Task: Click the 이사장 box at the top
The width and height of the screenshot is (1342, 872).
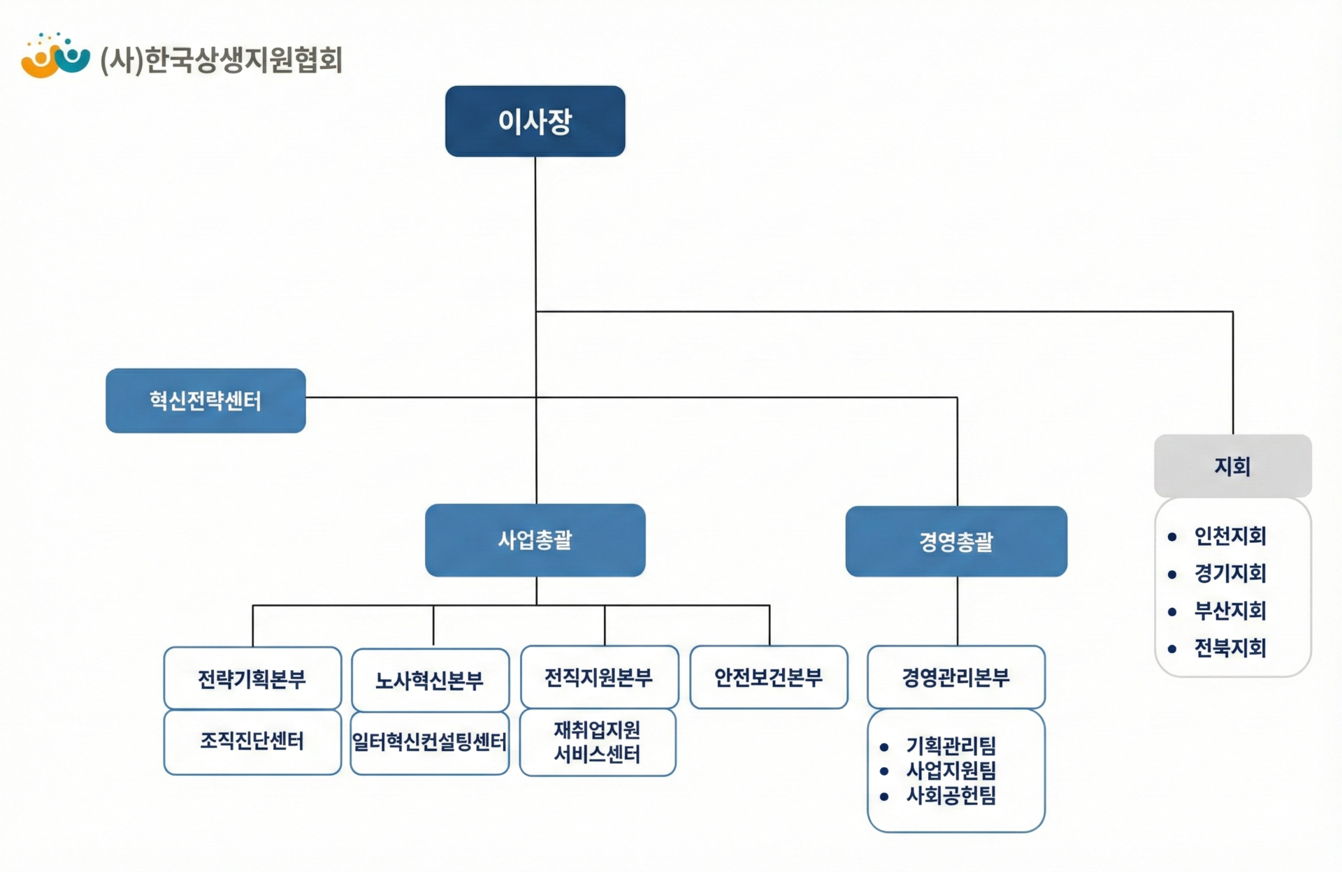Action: coord(535,121)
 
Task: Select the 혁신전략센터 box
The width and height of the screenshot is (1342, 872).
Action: coord(205,400)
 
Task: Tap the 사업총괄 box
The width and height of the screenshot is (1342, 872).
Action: coord(535,540)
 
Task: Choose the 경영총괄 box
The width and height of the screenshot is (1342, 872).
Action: coord(955,542)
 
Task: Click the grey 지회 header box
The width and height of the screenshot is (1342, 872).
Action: coord(1232,466)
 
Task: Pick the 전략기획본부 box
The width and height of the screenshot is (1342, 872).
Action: coord(252,678)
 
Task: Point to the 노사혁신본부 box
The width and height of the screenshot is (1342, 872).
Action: coord(430,680)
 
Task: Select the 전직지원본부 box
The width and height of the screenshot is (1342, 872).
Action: coord(599,677)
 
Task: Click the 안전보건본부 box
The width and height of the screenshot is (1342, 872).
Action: coord(768,677)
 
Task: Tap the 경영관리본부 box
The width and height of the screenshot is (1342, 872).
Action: coord(955,677)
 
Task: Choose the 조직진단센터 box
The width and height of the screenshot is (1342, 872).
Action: coord(252,741)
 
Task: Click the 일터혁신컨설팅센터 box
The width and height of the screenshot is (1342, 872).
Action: coord(429,742)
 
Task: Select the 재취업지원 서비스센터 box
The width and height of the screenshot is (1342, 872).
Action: coord(598,742)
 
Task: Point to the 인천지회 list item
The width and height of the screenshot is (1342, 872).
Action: coord(1229,536)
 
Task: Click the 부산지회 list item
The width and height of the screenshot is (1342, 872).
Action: coord(1229,611)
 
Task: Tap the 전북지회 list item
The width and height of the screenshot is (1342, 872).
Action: coord(1229,648)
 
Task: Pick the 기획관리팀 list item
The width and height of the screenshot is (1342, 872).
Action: coord(951,746)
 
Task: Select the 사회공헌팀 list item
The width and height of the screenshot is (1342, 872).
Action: coord(951,795)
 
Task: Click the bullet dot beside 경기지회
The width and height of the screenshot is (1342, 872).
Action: coord(1172,574)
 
